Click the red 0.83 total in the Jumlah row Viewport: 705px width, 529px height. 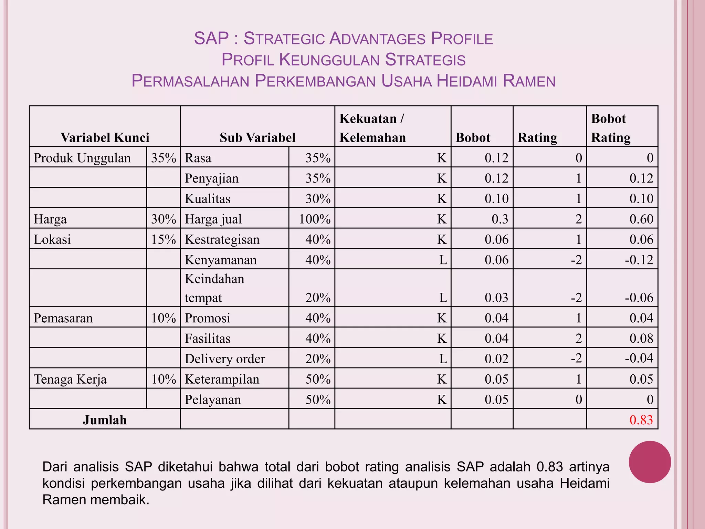pyautogui.click(x=641, y=420)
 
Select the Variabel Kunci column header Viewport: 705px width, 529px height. pyautogui.click(x=105, y=137)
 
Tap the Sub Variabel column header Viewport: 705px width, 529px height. pyautogui.click(x=257, y=137)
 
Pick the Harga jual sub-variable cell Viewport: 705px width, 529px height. pyautogui.click(x=213, y=219)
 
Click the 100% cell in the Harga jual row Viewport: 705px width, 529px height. pyautogui.click(x=315, y=219)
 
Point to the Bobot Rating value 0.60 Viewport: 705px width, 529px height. pyautogui.click(x=641, y=219)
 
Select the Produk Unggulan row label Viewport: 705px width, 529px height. pyautogui.click(x=82, y=158)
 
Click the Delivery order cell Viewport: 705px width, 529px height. pyautogui.click(x=225, y=359)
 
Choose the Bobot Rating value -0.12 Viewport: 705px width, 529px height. pyautogui.click(x=639, y=260)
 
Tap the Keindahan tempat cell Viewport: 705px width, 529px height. pyautogui.click(x=214, y=288)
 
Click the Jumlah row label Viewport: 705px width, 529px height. pyautogui.click(x=105, y=420)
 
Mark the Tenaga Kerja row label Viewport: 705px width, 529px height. pyautogui.click(x=70, y=379)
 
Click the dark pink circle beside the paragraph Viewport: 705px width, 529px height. pyautogui.click(x=650, y=462)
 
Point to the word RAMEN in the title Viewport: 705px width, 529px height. pyautogui.click(x=529, y=81)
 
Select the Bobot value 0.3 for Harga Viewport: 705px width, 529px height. pyautogui.click(x=499, y=219)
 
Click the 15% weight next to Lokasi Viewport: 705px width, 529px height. pyautogui.click(x=164, y=239)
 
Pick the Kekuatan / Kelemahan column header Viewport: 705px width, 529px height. pyautogui.click(x=372, y=128)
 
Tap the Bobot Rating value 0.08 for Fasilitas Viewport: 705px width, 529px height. pyautogui.click(x=641, y=338)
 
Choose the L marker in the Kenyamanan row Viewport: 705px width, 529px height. pyautogui.click(x=443, y=260)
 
